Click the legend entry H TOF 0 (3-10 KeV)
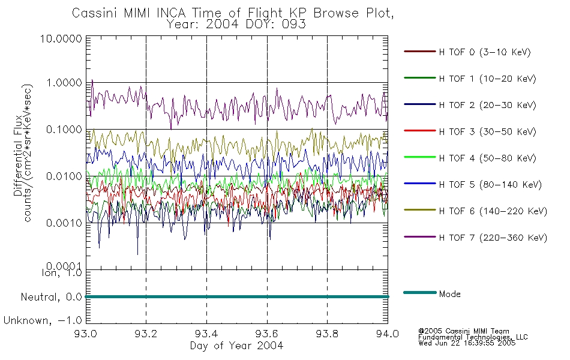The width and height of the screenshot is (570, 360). tap(485, 52)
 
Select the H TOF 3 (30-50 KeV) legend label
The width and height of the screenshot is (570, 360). tap(487, 131)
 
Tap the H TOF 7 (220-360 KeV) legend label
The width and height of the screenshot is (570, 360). tap(493, 238)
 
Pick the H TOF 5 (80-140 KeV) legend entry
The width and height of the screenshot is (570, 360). tap(490, 185)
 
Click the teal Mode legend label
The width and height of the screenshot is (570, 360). tap(449, 294)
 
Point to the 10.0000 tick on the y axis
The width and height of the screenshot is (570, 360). tap(61, 38)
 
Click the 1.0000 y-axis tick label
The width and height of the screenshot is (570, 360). tap(64, 83)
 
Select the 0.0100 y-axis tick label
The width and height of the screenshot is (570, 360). tap(64, 176)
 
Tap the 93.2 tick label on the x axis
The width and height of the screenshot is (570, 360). tap(146, 334)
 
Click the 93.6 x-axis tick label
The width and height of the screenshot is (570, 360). tap(267, 334)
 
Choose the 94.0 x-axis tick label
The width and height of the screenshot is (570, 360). tap(388, 334)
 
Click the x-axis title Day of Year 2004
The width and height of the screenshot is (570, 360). tap(236, 346)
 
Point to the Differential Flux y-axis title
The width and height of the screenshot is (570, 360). tap(18, 155)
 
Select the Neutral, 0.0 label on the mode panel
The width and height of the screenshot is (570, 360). tap(52, 298)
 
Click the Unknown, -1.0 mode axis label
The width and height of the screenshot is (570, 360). tap(43, 321)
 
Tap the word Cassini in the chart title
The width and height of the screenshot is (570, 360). tap(95, 13)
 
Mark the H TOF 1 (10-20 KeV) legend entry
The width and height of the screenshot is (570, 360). tap(487, 79)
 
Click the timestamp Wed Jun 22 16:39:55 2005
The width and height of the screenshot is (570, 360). tap(467, 343)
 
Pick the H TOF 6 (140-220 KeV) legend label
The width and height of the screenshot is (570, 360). tap(493, 211)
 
